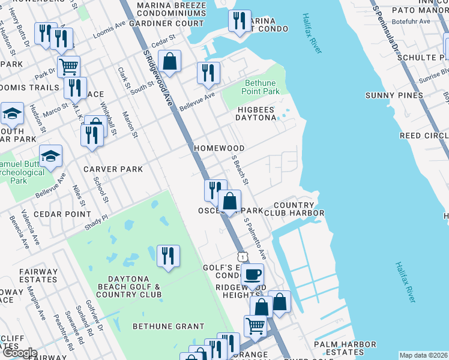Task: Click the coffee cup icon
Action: click(253, 275)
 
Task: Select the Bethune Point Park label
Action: click(261, 88)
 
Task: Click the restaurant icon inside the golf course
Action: click(167, 256)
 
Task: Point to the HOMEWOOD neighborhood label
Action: click(218, 148)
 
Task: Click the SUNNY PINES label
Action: click(394, 95)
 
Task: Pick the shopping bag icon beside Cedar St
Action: click(170, 61)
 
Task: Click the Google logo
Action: click(19, 353)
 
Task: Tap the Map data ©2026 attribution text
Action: click(424, 355)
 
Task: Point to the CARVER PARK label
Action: click(113, 169)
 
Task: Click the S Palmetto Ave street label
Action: click(255, 239)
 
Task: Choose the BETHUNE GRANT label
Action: click(160, 326)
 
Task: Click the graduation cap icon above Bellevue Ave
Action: click(51, 156)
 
